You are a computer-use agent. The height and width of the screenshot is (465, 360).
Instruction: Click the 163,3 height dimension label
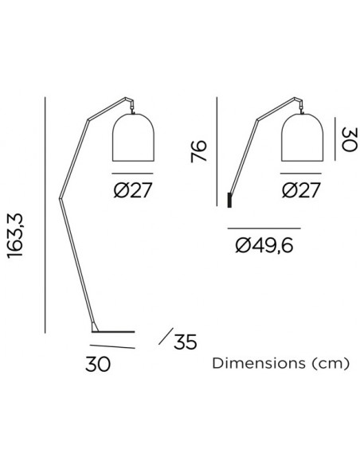click(x=15, y=236)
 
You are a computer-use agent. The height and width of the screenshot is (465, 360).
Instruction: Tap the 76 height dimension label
click(x=198, y=151)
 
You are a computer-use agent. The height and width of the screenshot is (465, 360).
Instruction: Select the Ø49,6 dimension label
click(x=264, y=245)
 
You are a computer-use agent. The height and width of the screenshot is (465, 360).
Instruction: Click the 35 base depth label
click(x=186, y=342)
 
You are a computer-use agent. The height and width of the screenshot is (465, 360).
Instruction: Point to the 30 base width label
click(x=98, y=364)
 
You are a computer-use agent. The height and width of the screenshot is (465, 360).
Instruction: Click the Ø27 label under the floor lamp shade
click(x=132, y=190)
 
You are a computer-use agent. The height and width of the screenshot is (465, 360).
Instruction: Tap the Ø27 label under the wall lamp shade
click(x=301, y=190)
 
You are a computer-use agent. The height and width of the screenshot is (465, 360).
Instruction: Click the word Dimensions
click(x=259, y=363)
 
